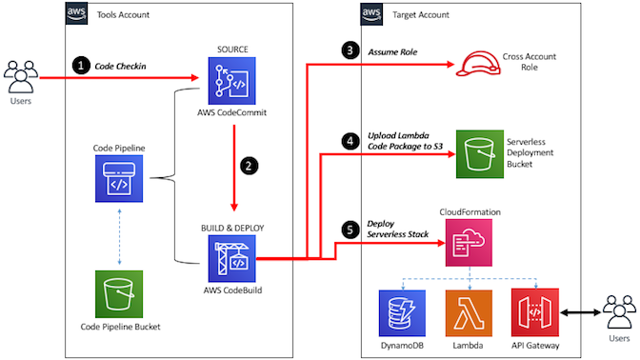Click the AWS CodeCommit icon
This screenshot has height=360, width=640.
(231, 81)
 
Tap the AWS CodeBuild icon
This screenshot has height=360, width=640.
(231, 259)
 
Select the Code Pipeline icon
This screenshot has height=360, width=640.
(119, 178)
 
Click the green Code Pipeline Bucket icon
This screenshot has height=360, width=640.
(119, 294)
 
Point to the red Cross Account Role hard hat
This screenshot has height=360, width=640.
(478, 63)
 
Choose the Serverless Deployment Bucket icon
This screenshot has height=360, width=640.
(480, 154)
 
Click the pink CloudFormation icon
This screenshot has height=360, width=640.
(469, 243)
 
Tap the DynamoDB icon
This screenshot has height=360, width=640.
(402, 313)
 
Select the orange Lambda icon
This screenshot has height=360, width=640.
(469, 313)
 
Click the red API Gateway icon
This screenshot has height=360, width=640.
(535, 312)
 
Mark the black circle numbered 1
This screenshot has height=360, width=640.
(81, 66)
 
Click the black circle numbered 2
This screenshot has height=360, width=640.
(249, 166)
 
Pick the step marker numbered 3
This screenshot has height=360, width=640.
(350, 50)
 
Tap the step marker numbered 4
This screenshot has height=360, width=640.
(350, 141)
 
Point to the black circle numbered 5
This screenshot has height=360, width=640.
(350, 230)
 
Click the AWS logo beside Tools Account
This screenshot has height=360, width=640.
(76, 13)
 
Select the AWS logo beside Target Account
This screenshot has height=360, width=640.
(371, 14)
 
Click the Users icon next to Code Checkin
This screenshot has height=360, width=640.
(20, 77)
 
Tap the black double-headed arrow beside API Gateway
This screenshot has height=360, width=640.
(580, 312)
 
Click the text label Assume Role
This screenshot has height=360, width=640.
(392, 52)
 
